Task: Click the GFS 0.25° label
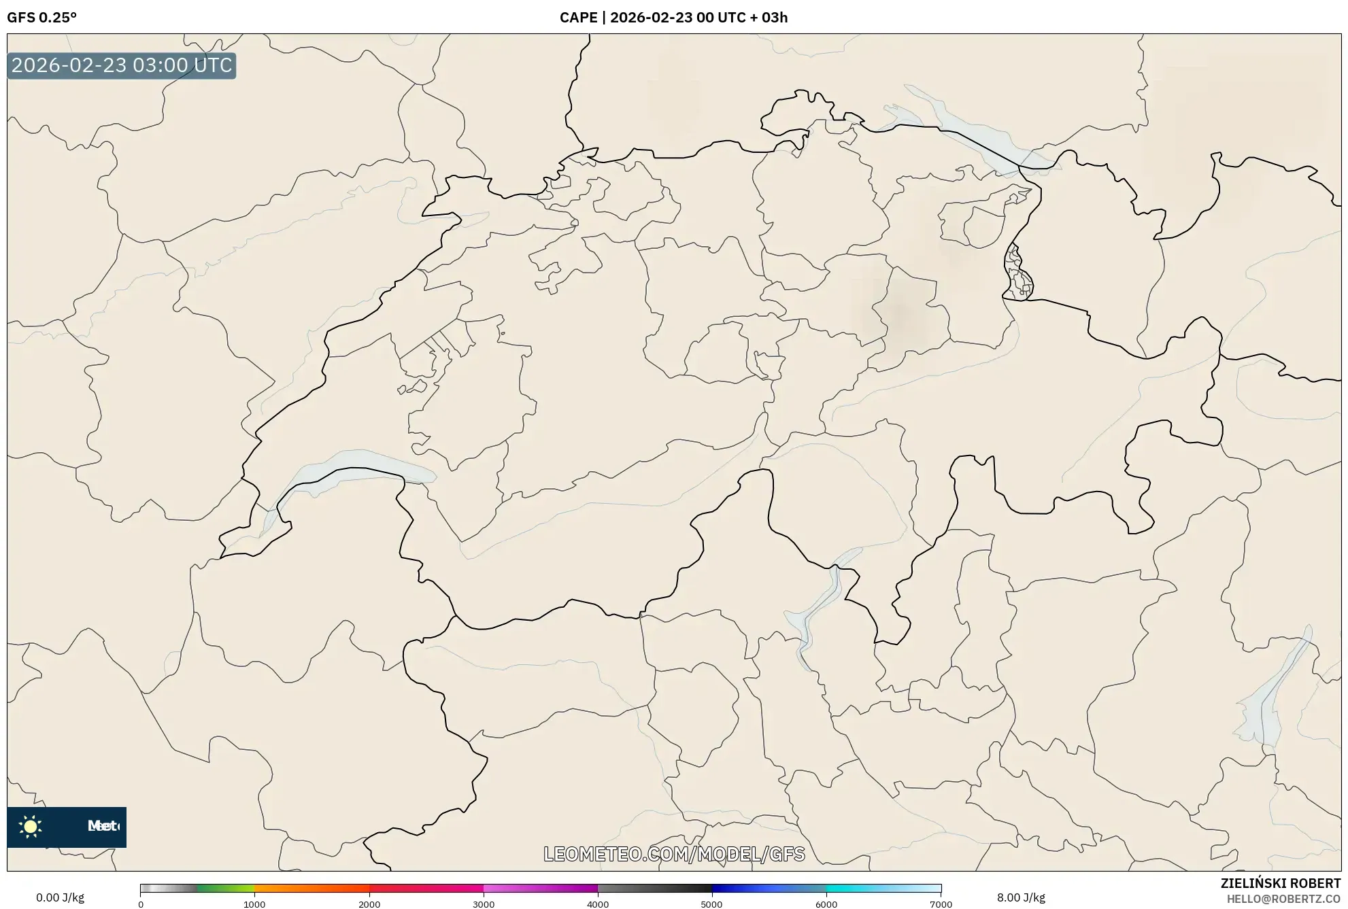point(41,18)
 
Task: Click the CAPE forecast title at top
point(673,18)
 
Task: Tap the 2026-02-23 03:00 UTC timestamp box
point(122,66)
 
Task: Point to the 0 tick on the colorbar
point(141,904)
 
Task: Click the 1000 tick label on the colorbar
point(254,904)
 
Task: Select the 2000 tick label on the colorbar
point(369,904)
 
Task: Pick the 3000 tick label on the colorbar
point(484,904)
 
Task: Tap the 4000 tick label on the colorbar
point(598,904)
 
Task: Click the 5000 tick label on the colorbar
point(712,904)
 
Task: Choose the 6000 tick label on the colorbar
point(826,904)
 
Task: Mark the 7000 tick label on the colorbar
point(941,904)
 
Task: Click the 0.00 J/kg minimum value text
point(60,897)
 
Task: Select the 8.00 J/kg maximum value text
point(1021,897)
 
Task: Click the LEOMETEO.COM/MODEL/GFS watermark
point(674,854)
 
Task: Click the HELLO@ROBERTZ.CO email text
point(1283,899)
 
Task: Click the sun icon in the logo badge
point(31,827)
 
